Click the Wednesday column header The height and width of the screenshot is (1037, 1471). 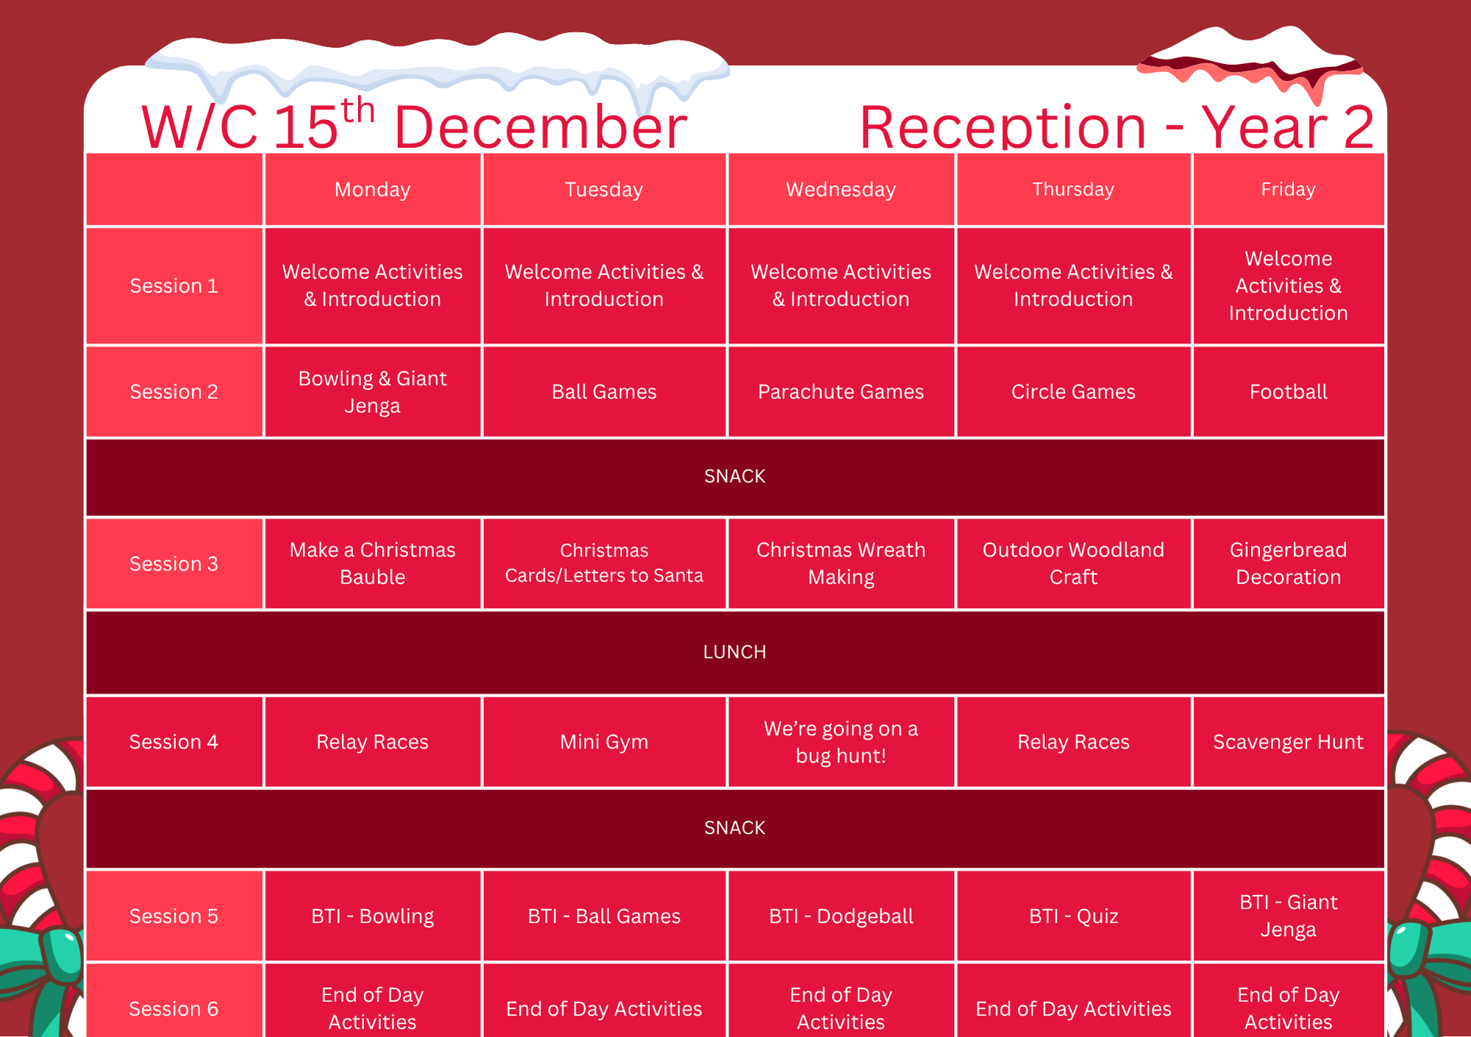(x=841, y=189)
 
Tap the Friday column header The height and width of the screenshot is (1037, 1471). (x=1288, y=189)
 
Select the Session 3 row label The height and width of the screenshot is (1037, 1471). (x=174, y=564)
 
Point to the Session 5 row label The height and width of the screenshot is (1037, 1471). (x=174, y=916)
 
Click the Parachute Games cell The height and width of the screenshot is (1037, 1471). (x=841, y=392)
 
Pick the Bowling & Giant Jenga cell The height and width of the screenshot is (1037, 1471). (x=372, y=392)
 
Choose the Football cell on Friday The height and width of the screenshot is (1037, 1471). (x=1288, y=392)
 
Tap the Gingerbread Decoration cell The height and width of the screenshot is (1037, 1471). (x=1288, y=564)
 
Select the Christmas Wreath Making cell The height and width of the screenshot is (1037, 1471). (x=841, y=564)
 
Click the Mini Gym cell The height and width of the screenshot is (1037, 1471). (x=604, y=742)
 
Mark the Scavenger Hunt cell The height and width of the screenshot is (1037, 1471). (x=1288, y=742)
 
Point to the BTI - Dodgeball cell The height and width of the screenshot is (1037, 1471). (x=841, y=916)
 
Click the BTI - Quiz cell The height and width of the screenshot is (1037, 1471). (x=1073, y=916)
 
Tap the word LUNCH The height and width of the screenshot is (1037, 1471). (x=735, y=652)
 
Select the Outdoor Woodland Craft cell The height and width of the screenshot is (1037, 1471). (x=1073, y=564)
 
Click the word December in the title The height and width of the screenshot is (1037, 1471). (x=541, y=127)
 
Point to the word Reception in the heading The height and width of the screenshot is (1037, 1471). (x=1002, y=127)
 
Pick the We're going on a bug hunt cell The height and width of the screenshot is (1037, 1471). (x=841, y=742)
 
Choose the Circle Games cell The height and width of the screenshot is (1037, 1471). (x=1073, y=392)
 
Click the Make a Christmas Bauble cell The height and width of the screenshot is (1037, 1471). (x=372, y=564)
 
